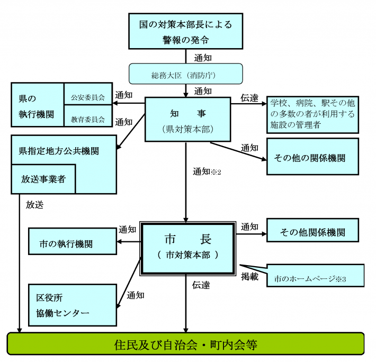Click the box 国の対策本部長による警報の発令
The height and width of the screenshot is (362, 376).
coord(185,31)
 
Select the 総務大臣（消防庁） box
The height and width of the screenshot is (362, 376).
coord(185,75)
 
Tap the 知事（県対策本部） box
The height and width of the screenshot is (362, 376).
coord(185,119)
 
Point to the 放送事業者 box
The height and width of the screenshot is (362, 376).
coord(43,179)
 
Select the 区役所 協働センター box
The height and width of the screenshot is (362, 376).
coord(73,305)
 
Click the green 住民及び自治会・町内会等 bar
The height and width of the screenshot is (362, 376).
coord(185,345)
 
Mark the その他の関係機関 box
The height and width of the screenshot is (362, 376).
coord(312,157)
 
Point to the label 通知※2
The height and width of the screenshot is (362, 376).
coord(207,171)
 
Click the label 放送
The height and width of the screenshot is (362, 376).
coord(34,204)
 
